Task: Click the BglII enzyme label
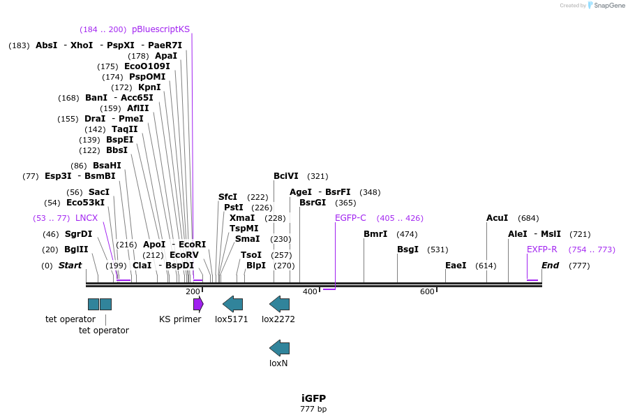[x=76, y=249]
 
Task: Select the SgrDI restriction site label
[x=78, y=234]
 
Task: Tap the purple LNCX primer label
[x=87, y=218]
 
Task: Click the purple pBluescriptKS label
[x=160, y=29]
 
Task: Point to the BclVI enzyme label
[x=286, y=176]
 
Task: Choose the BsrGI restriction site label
[x=313, y=203]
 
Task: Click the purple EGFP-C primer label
[x=350, y=218]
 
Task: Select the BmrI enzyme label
[x=375, y=234]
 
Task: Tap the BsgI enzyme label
[x=408, y=249]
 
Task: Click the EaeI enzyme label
[x=456, y=266]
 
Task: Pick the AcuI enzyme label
[x=498, y=218]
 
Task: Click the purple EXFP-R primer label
[x=541, y=249]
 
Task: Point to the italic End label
[x=551, y=266]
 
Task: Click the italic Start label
[x=70, y=266]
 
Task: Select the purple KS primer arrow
[x=198, y=303]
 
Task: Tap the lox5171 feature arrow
[x=232, y=303]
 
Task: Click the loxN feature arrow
[x=279, y=347]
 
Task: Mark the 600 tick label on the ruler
[x=427, y=291]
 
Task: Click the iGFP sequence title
[x=313, y=398]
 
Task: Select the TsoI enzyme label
[x=251, y=255]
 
